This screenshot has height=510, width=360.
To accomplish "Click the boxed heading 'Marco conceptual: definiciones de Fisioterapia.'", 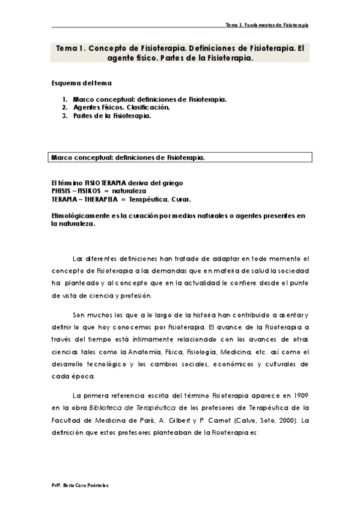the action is pos(127,158).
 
